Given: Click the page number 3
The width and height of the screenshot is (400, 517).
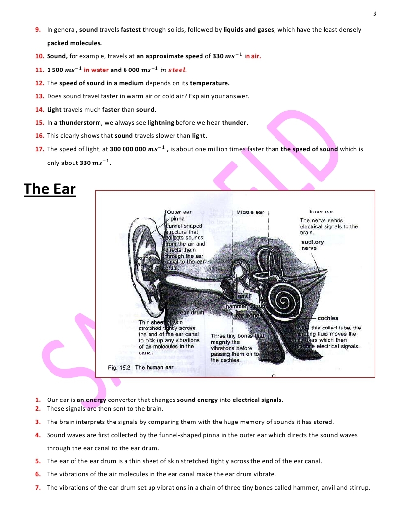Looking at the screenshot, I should (x=375, y=13).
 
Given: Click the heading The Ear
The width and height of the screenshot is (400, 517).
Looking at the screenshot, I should (x=50, y=188).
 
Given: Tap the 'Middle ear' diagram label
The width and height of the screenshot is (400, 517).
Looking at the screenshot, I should (x=250, y=212).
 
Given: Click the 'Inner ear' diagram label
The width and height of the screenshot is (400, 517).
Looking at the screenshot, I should (x=321, y=212).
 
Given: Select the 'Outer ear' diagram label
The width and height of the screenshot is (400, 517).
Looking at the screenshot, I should (x=179, y=212).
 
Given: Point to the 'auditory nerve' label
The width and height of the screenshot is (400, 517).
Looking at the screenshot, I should (x=312, y=245).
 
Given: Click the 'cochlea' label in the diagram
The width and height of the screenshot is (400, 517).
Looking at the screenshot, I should (x=327, y=318).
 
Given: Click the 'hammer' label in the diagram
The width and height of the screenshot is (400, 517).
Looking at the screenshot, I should (x=235, y=307).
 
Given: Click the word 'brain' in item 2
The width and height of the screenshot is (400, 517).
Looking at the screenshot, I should (x=154, y=408).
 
